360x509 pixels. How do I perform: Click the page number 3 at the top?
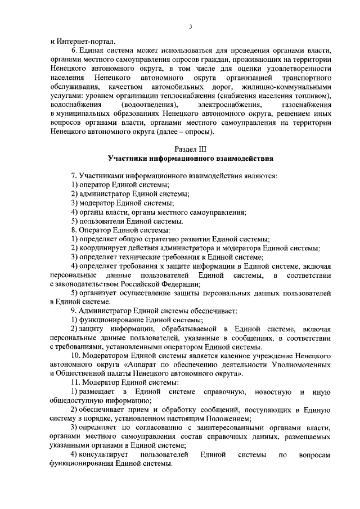pyautogui.click(x=191, y=26)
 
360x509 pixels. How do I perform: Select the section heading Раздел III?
pyautogui.click(x=191, y=149)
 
